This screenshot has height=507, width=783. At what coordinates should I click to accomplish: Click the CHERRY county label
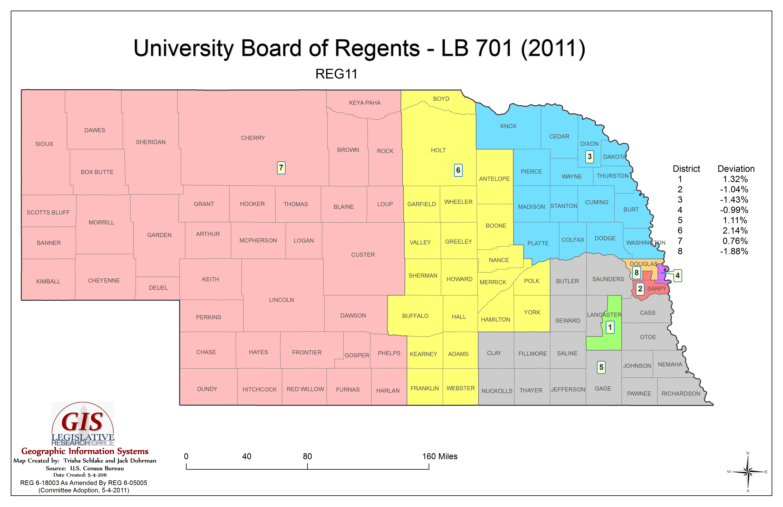click(x=253, y=138)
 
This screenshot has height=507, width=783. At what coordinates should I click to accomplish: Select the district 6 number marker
click(x=458, y=170)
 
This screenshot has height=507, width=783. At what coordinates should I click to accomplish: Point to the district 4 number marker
click(x=677, y=276)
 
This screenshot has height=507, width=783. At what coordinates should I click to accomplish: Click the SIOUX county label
click(x=44, y=144)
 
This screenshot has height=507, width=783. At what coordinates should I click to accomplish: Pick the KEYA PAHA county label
click(x=364, y=103)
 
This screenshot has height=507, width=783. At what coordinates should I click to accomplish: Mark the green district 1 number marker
click(x=610, y=327)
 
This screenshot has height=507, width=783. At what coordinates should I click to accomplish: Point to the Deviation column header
click(x=736, y=169)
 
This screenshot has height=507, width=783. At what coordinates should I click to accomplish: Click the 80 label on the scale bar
click(x=307, y=456)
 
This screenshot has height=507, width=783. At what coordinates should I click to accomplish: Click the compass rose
click(x=748, y=472)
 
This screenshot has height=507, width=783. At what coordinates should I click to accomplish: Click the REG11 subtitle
click(x=336, y=74)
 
